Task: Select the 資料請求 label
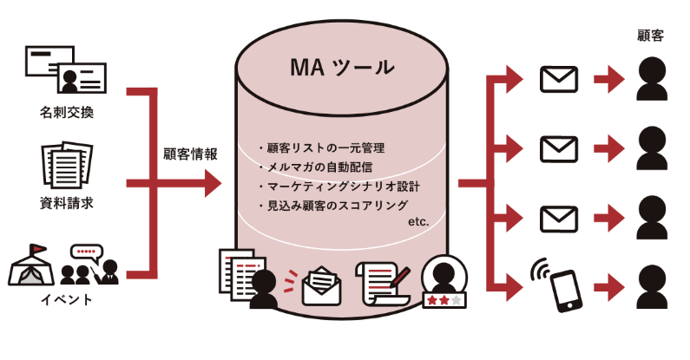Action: click(x=67, y=205)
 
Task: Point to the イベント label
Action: click(x=67, y=300)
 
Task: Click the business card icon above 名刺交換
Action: click(x=66, y=71)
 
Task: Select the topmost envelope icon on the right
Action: click(x=558, y=81)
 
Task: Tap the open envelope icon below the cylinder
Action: click(x=322, y=285)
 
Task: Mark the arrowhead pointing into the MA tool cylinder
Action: click(x=213, y=183)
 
